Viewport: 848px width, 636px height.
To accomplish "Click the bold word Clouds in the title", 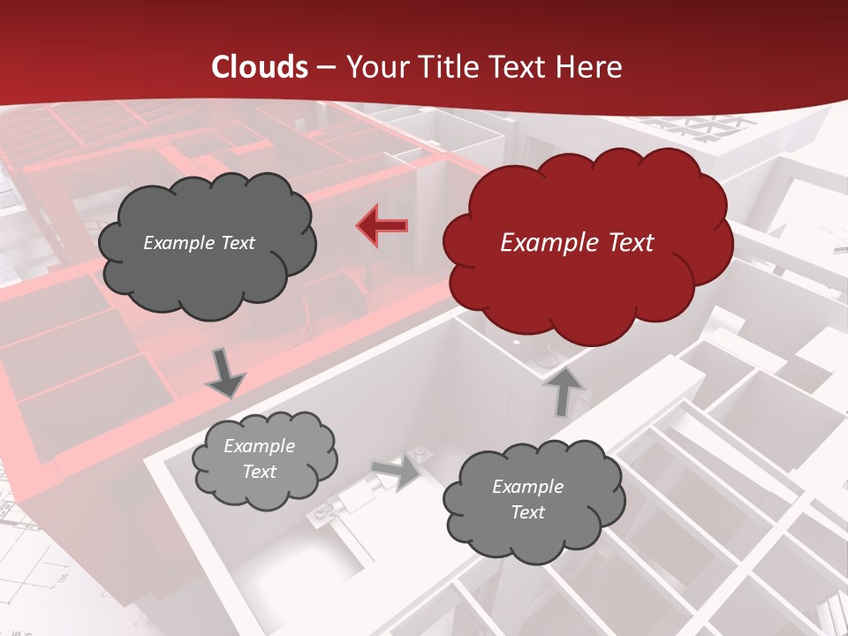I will tap(260, 67).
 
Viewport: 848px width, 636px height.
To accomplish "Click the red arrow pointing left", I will tap(382, 225).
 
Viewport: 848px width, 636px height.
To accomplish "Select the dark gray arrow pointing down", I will tap(224, 372).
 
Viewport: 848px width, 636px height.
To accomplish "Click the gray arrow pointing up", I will tap(564, 391).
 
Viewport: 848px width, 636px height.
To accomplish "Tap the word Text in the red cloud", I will tap(632, 243).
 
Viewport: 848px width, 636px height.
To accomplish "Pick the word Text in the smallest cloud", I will tap(259, 472).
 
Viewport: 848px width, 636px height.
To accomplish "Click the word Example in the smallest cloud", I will tap(259, 446).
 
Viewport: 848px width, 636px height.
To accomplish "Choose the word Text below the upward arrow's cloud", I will tap(527, 512).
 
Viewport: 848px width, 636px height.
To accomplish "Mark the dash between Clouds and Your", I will tap(326, 68).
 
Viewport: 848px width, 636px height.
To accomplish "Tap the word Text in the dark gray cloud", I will tap(238, 243).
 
